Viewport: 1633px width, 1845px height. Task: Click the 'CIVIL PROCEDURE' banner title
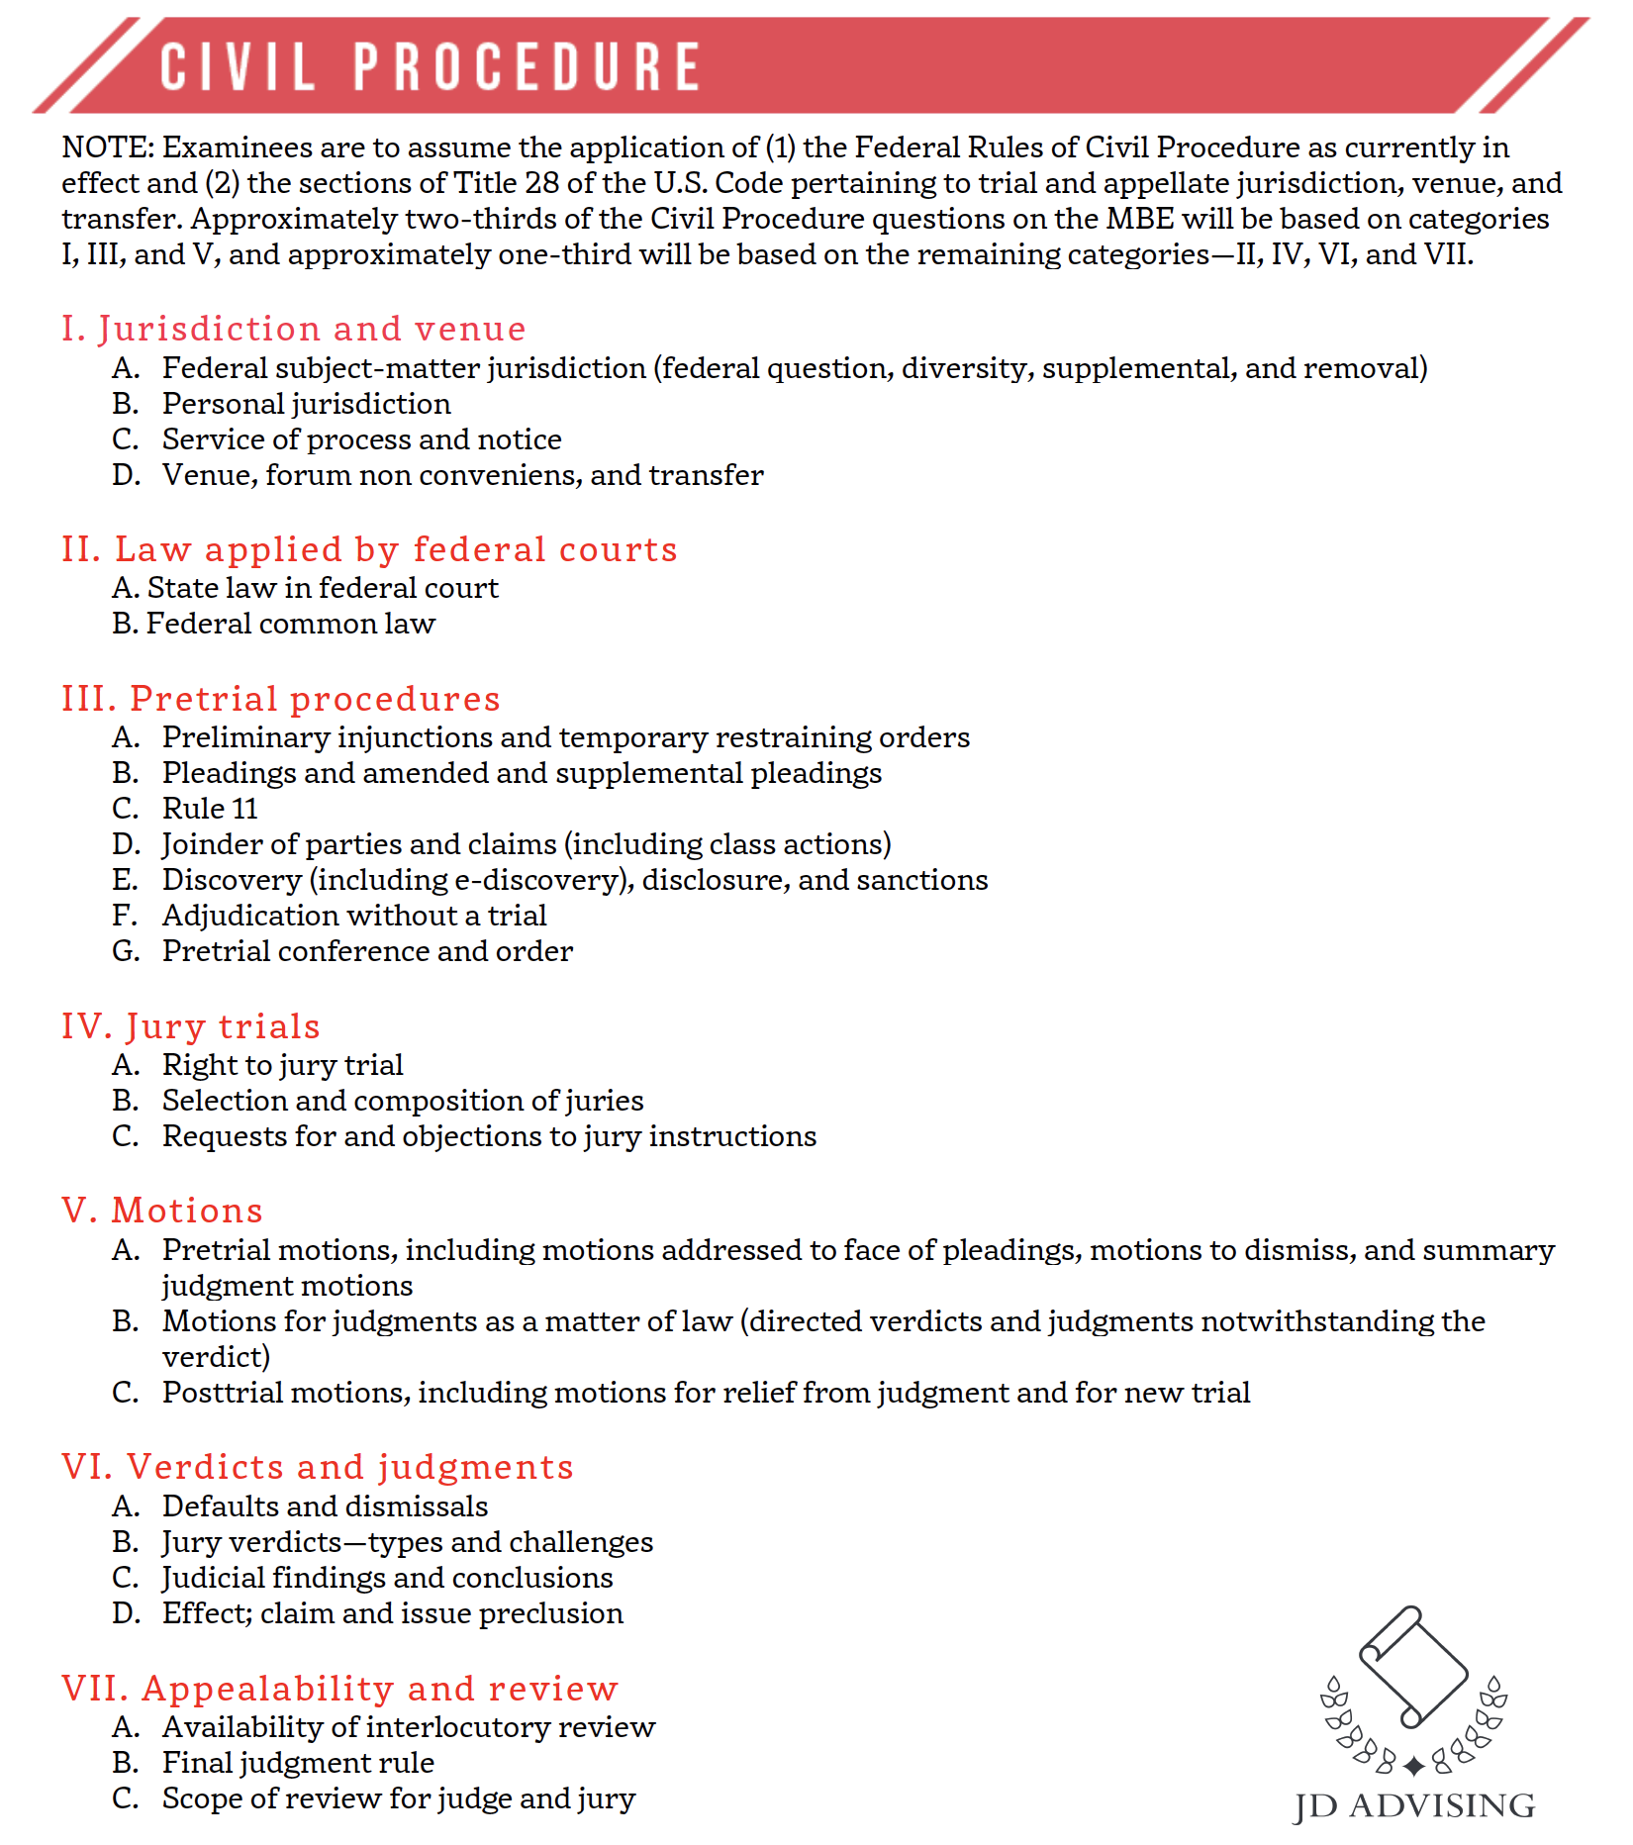[431, 67]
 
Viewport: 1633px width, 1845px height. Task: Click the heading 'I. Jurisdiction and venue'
[293, 329]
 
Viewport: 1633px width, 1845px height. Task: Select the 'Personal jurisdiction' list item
[306, 404]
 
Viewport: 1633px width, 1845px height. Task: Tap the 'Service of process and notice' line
[361, 439]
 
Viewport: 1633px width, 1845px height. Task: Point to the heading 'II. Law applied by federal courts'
[369, 549]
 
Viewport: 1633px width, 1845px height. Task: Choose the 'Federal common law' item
[290, 624]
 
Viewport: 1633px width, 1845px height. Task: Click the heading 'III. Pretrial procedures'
[280, 699]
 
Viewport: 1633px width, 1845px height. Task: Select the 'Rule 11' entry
[210, 809]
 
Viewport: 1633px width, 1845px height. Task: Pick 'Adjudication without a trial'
[354, 916]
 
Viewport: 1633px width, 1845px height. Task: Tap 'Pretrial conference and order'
[367, 951]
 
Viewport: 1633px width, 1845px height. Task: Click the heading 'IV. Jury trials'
[190, 1026]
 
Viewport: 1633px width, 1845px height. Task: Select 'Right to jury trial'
[282, 1065]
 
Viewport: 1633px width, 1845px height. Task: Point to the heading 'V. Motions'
[162, 1211]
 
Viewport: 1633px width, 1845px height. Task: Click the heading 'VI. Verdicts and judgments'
[317, 1467]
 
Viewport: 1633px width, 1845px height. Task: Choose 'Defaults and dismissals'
[325, 1506]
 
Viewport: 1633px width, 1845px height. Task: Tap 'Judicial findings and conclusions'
[387, 1578]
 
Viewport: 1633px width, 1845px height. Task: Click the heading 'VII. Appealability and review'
[339, 1689]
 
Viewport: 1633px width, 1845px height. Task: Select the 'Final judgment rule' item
[298, 1763]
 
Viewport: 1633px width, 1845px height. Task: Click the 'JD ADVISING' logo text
[1414, 1805]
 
